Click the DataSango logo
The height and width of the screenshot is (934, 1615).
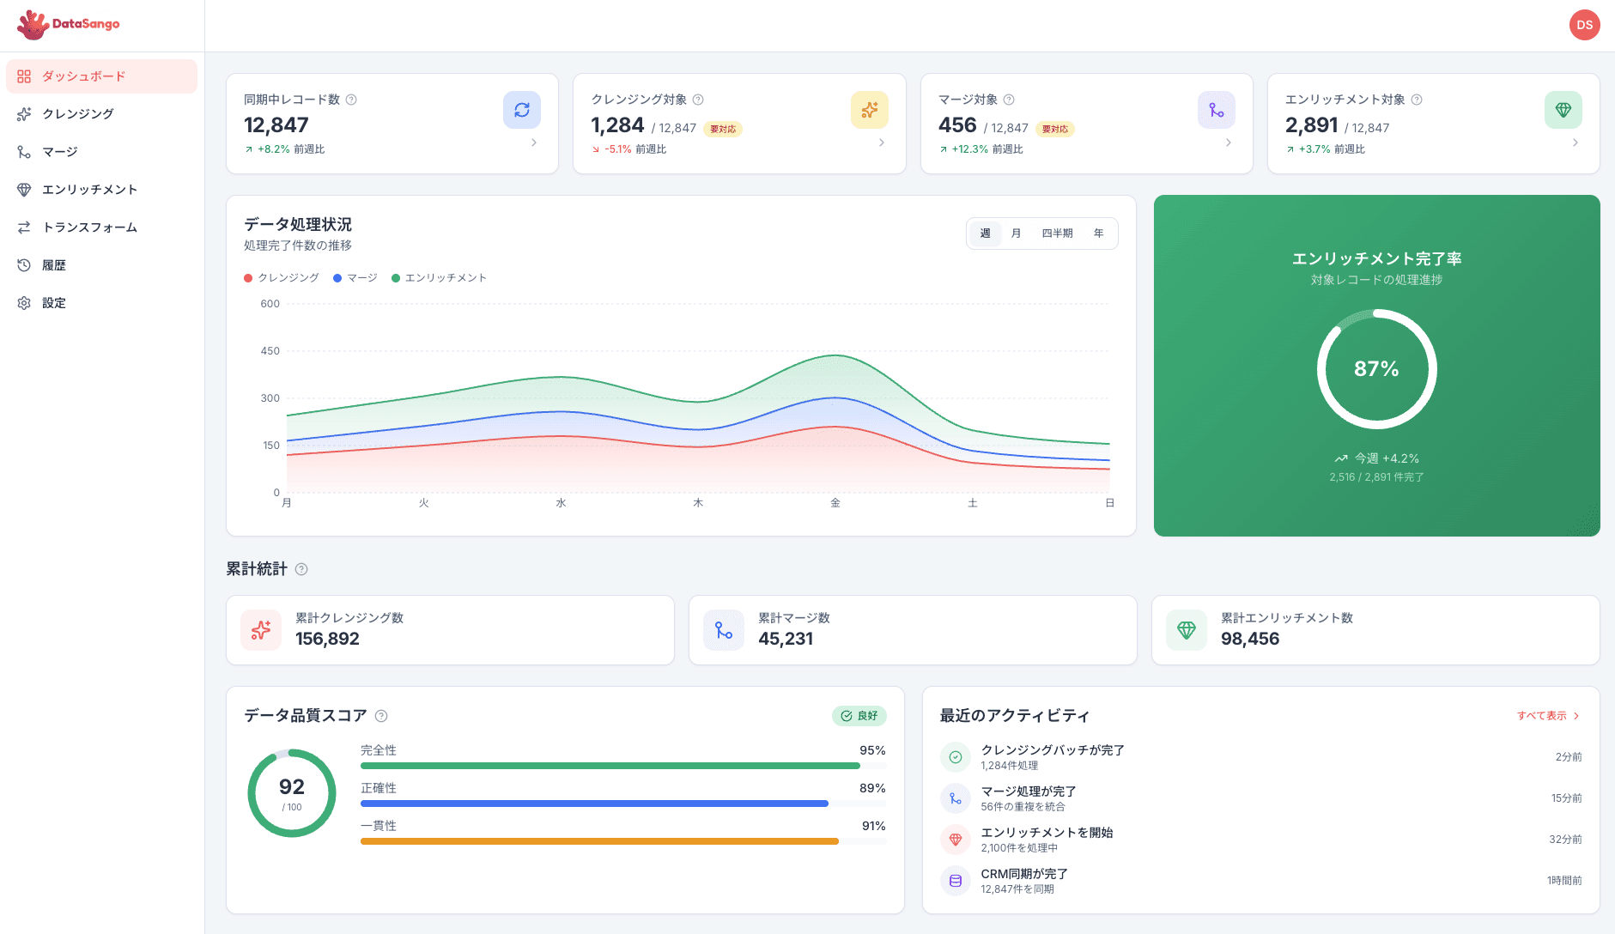coord(68,24)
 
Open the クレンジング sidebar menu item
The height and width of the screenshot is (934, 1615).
coord(77,114)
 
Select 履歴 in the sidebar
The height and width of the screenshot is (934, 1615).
coord(53,265)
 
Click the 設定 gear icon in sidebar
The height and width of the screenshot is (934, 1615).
coord(24,303)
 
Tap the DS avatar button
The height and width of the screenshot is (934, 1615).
coord(1584,25)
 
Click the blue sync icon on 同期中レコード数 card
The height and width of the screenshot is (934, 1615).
coord(521,110)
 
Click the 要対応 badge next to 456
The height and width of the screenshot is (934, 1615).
coord(1054,130)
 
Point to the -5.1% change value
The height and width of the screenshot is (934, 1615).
coord(617,149)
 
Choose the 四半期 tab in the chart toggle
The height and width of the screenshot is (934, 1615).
coord(1057,233)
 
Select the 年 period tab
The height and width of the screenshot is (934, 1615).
coord(1098,233)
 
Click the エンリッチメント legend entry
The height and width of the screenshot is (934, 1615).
coord(439,278)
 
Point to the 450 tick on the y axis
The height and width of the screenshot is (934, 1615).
coord(270,351)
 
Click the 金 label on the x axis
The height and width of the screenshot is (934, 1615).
coord(835,503)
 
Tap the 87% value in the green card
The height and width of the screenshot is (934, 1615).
coord(1376,369)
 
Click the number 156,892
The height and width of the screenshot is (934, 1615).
coord(327,639)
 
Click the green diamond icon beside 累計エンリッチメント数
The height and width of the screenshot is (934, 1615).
coord(1186,630)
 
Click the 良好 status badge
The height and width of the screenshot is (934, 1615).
coord(859,716)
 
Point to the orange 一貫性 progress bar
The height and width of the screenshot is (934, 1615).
coord(598,841)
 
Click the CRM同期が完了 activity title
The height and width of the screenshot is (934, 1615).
coord(1023,874)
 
